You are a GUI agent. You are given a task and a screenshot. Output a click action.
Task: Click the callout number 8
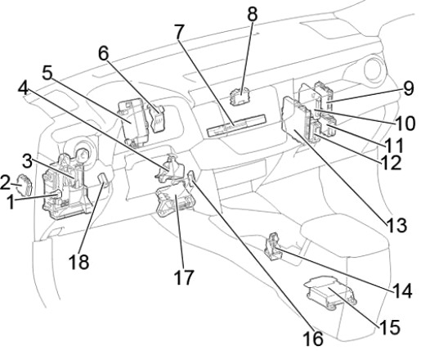253,14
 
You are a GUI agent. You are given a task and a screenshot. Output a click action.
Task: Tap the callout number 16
313,339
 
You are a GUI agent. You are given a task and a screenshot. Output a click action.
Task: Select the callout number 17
184,277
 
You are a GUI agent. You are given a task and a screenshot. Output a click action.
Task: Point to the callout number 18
79,262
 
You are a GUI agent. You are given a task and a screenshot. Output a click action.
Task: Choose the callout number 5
47,73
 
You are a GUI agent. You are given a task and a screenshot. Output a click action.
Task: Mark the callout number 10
405,123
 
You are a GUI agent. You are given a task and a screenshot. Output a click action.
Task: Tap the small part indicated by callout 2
25,184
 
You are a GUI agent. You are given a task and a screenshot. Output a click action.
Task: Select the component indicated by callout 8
240,96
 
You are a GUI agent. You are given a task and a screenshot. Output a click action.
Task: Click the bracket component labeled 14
273,247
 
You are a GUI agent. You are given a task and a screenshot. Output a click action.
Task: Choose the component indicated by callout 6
157,119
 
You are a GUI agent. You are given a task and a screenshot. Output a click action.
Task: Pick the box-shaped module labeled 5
133,122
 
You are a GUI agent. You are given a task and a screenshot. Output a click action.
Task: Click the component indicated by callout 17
176,200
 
